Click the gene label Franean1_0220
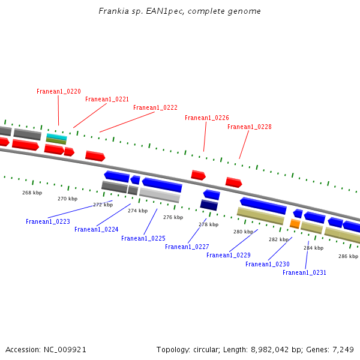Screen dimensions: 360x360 pos(58,91)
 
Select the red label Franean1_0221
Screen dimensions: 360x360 pos(107,100)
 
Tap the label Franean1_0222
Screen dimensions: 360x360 pos(155,108)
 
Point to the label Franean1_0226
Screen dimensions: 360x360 pos(206,118)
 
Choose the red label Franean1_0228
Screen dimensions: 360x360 pos(249,127)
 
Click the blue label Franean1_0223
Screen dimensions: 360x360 pos(48,221)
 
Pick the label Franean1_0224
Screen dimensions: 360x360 pos(96,229)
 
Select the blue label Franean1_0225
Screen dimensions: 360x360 pos(143,238)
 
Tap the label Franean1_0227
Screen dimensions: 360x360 pos(187,247)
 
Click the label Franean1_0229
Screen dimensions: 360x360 pos(228,255)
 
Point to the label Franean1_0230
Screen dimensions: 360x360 pos(267,264)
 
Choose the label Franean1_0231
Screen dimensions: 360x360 pos(304,272)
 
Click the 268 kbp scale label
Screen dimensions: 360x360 pos(32,193)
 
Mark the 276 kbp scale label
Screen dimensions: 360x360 pos(173,217)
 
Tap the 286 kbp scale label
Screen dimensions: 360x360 pos(348,256)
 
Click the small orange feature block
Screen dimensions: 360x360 pos(295,224)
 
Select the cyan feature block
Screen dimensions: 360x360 pos(56,136)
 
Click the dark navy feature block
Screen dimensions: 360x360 pos(209,205)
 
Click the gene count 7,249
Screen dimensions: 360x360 pos(341,349)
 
